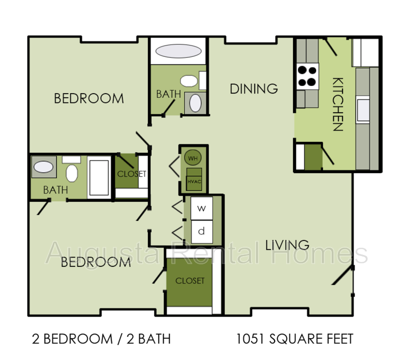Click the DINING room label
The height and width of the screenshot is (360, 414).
tap(254, 89)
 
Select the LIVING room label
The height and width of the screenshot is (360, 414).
tap(287, 245)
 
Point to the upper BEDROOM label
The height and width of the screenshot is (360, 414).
tap(89, 98)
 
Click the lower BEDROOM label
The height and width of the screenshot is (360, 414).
tap(96, 262)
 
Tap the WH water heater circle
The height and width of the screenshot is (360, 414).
tap(193, 158)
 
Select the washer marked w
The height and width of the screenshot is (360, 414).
tap(202, 209)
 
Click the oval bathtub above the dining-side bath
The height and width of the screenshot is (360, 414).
tap(179, 52)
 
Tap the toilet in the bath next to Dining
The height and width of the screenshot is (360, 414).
tap(189, 81)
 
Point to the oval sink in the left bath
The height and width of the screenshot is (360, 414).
tap(43, 167)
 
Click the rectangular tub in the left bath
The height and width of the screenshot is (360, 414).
tap(98, 176)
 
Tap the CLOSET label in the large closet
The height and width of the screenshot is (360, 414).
tap(190, 281)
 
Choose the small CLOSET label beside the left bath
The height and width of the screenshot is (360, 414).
tap(131, 174)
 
